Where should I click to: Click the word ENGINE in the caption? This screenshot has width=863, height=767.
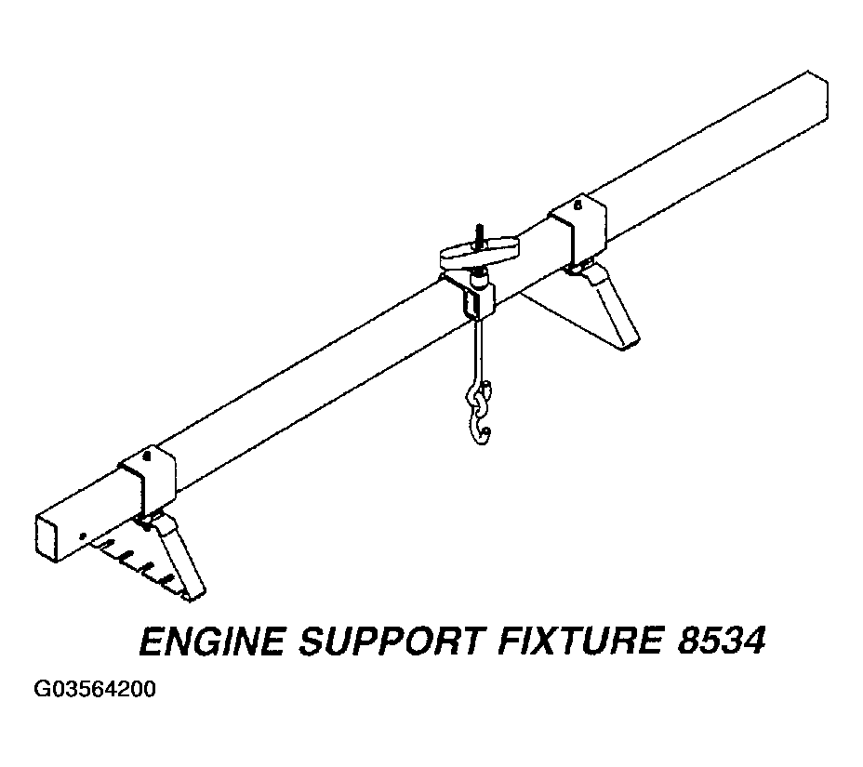(212, 641)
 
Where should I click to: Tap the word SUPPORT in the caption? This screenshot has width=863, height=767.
(392, 641)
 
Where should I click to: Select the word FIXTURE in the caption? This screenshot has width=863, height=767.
(579, 641)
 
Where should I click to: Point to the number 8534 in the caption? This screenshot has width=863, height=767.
(721, 641)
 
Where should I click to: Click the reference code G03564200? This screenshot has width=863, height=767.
(95, 690)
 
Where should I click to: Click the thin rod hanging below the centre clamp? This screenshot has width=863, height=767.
(479, 352)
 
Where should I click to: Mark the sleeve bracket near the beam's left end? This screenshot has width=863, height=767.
(148, 478)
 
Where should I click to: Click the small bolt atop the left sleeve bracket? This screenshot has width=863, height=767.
(146, 456)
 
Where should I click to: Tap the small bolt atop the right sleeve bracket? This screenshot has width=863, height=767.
(578, 205)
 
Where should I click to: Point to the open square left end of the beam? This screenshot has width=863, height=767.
(46, 538)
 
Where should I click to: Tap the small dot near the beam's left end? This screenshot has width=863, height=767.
(83, 536)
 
